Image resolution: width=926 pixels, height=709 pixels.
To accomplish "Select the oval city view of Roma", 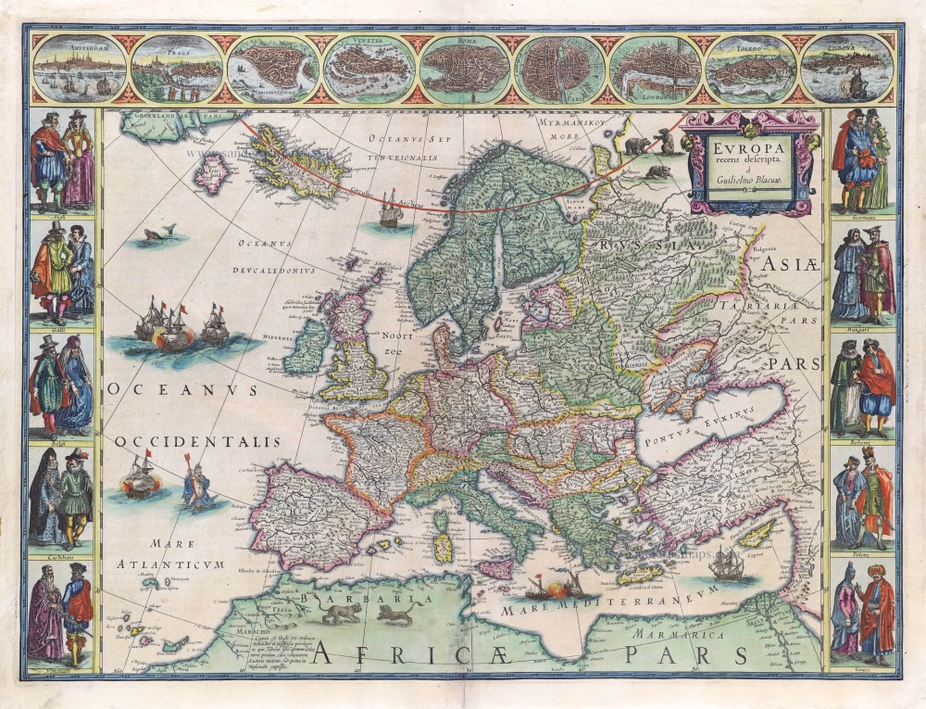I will point(465,68).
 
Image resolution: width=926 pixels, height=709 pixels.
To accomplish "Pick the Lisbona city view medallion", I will point(847,68).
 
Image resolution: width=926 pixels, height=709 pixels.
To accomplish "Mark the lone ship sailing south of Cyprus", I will point(727,566).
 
